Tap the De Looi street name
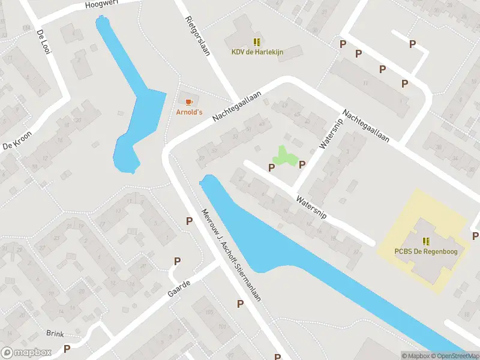[43, 41]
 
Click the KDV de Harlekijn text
[257, 52]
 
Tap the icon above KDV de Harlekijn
[257, 41]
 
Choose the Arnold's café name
[189, 112]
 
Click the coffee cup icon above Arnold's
[189, 101]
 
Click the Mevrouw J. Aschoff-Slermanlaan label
[232, 255]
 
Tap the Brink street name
[55, 333]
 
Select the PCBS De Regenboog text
[425, 251]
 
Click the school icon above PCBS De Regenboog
[425, 241]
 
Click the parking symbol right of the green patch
[302, 164]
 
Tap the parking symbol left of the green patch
[271, 167]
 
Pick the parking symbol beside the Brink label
[67, 348]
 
